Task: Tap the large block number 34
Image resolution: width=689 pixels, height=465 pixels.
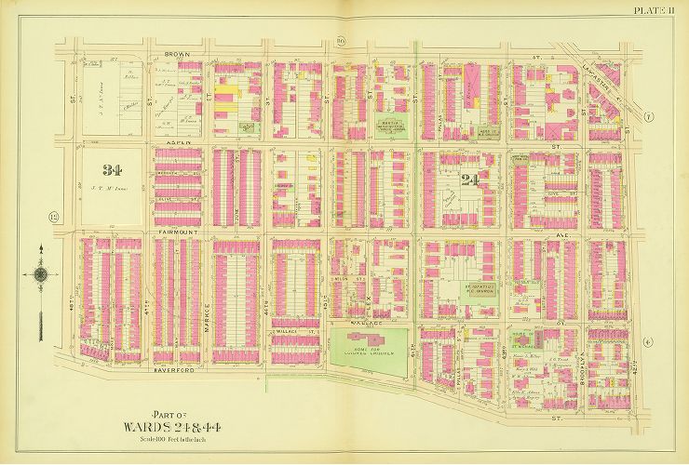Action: click(x=113, y=170)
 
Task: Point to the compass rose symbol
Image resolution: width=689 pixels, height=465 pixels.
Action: click(x=41, y=274)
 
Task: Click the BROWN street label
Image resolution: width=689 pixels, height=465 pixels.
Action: click(x=177, y=55)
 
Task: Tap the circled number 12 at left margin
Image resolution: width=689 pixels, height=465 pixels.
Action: click(x=54, y=219)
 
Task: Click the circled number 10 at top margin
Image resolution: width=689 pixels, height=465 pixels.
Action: click(x=341, y=41)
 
